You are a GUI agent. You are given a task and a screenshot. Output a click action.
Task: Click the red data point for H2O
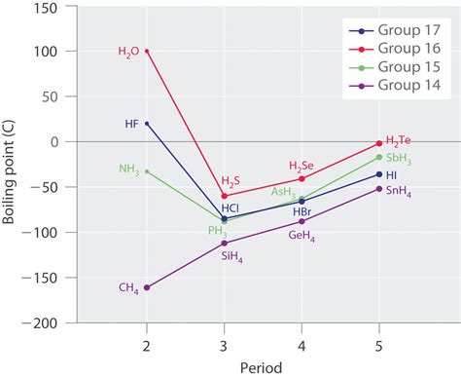(x=147, y=51)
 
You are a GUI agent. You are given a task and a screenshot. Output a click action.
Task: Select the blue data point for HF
(x=147, y=124)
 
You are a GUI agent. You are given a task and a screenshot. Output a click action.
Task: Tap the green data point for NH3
(x=147, y=171)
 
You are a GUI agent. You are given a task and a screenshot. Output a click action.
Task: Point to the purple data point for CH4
(x=147, y=287)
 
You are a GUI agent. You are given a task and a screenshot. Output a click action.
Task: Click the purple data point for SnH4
(x=379, y=189)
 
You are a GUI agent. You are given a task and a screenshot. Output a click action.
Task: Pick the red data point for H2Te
(x=379, y=143)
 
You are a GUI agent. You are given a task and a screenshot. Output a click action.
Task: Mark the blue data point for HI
(x=379, y=174)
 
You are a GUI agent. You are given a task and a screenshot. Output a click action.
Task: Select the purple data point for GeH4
(x=301, y=221)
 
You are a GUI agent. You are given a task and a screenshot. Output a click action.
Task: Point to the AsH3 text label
(x=285, y=192)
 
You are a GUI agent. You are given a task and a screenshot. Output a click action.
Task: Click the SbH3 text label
(x=399, y=157)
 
